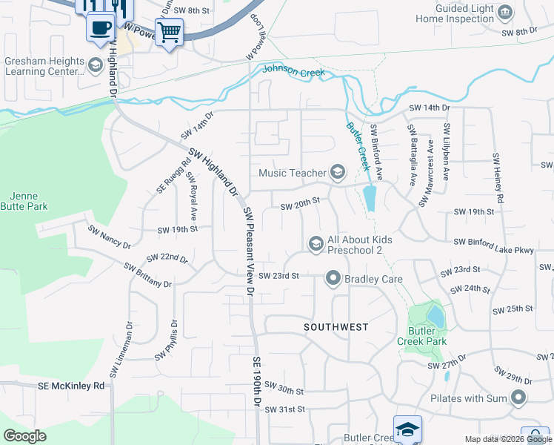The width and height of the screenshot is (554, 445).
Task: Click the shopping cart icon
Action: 169,32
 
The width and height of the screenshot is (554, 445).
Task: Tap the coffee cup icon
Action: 100,28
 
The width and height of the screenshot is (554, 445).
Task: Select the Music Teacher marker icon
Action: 338,173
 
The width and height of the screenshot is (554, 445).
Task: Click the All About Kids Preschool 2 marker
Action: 316,244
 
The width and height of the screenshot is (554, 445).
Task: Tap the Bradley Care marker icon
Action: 333,279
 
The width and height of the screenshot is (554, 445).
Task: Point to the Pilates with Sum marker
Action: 518,398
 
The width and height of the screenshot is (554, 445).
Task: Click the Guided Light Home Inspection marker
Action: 505,12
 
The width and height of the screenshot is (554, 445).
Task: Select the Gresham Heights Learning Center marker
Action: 95,66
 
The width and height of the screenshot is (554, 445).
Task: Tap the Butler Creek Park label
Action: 427,336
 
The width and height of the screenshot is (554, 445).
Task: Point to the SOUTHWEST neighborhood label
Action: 336,326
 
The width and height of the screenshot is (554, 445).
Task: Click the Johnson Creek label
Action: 291,72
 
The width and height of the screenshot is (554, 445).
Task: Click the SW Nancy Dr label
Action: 109,240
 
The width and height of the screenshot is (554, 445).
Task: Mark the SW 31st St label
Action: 284,409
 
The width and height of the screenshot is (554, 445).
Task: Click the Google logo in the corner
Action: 24,436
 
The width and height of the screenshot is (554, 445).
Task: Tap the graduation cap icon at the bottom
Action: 407,429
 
